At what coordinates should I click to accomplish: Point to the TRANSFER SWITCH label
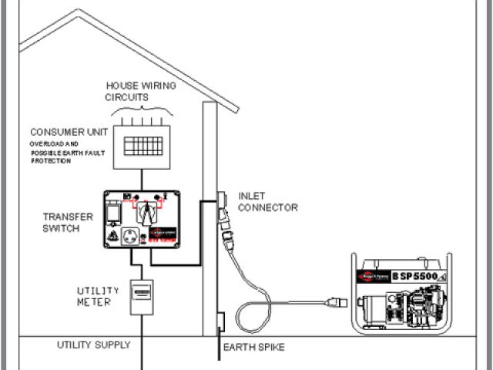[x=69, y=222]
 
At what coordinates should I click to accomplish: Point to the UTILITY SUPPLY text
[x=94, y=345]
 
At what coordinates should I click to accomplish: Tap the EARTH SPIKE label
[x=253, y=348]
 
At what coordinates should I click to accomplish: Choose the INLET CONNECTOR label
[x=268, y=202]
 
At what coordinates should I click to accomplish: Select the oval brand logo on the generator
[x=371, y=275]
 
